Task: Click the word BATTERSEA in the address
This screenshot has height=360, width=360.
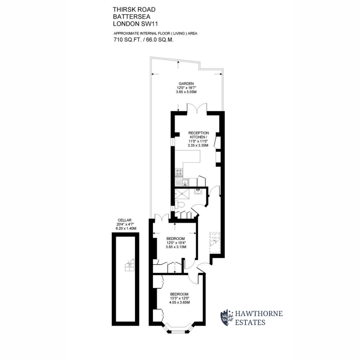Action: pyautogui.click(x=131, y=16)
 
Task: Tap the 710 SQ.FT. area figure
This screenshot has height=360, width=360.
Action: pyautogui.click(x=127, y=40)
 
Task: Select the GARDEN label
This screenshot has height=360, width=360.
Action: pyautogui.click(x=186, y=83)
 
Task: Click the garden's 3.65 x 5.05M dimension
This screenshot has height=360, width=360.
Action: pyautogui.click(x=186, y=92)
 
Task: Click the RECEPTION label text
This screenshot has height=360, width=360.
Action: pyautogui.click(x=199, y=133)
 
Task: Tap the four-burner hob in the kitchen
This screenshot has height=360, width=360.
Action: pyautogui.click(x=179, y=172)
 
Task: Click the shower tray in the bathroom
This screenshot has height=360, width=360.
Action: pyautogui.click(x=181, y=194)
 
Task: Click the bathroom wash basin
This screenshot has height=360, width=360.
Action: pyautogui.click(x=198, y=191)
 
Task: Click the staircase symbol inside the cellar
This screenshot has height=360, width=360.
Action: pyautogui.click(x=129, y=265)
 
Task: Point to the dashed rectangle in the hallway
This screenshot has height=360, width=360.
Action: pyautogui.click(x=215, y=242)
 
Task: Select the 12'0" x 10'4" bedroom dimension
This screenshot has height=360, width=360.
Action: pyautogui.click(x=176, y=243)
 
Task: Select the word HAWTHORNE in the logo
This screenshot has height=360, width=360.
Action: pyautogui.click(x=259, y=313)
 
